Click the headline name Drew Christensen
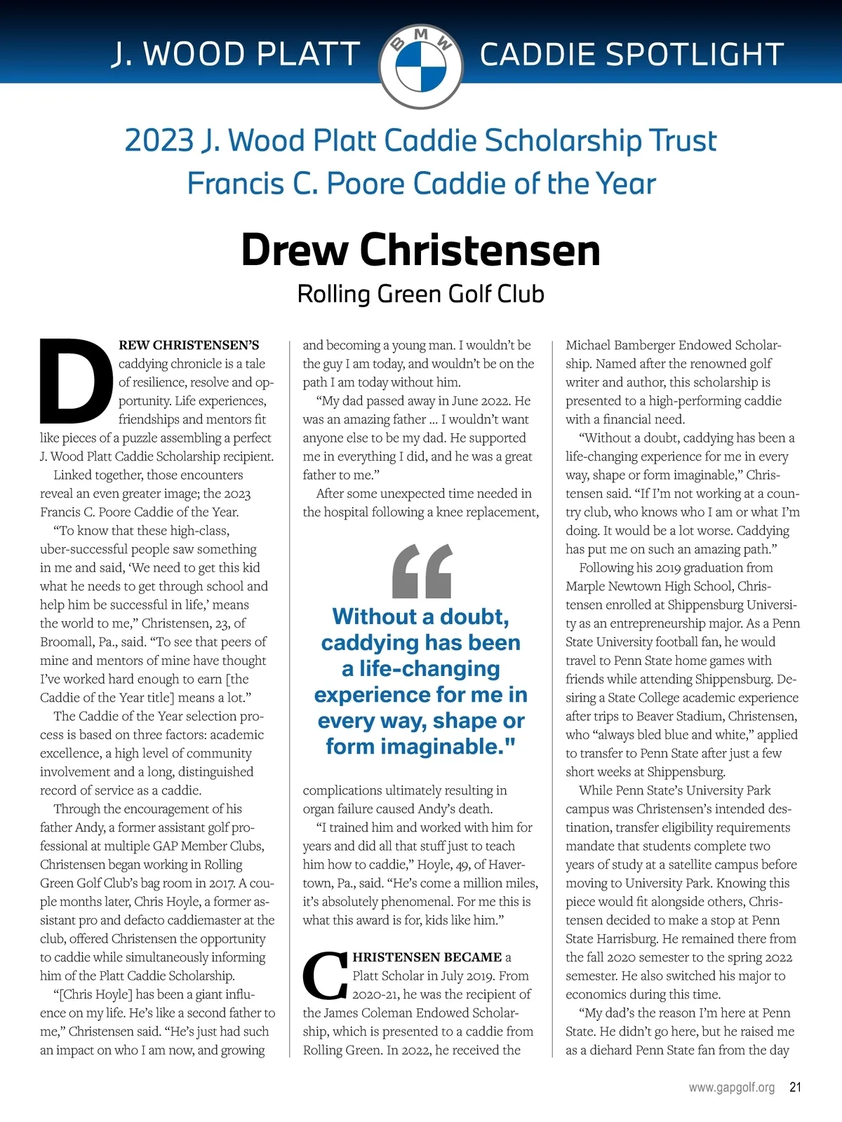point(420,250)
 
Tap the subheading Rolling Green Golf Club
point(420,293)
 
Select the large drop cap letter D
point(76,381)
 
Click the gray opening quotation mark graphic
point(421,571)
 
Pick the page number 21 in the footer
point(795,1088)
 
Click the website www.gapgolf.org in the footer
point(732,1088)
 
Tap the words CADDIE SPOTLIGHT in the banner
point(631,55)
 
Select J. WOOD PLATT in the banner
point(236,55)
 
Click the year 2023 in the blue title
point(159,140)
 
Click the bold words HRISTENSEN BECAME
point(427,957)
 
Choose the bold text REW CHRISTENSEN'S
point(189,345)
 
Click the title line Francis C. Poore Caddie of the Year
point(421,184)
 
